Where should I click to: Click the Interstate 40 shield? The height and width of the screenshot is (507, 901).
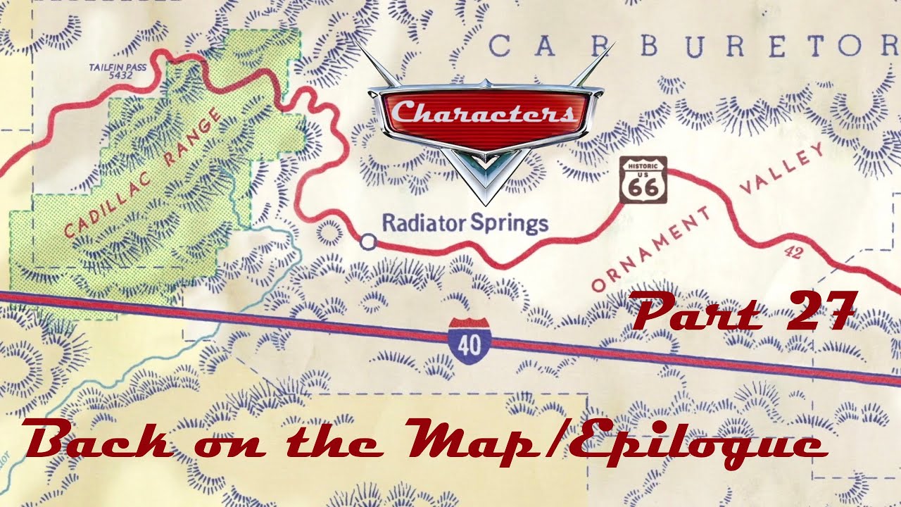[x=470, y=341]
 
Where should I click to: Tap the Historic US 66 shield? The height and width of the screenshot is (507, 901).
[x=643, y=180]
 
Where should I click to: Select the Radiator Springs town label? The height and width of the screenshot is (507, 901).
[x=465, y=224]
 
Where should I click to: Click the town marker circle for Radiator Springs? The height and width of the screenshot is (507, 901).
[x=367, y=242]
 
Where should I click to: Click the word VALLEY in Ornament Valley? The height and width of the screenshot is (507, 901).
[x=782, y=172]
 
